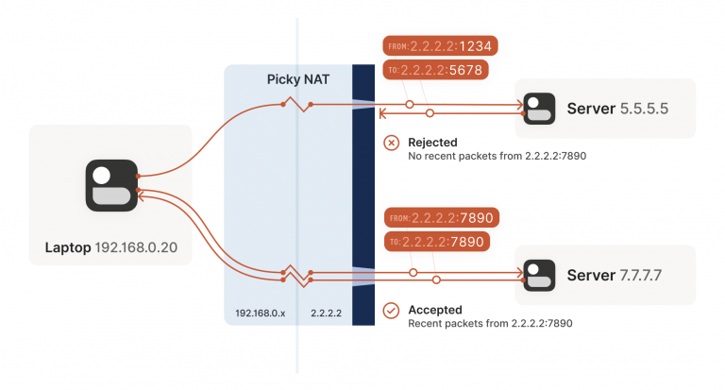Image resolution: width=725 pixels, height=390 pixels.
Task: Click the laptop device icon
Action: coord(111,185)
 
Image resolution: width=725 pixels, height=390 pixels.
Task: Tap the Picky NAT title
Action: coord(297,79)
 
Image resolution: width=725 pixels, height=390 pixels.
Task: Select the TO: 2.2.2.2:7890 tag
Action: coord(438,242)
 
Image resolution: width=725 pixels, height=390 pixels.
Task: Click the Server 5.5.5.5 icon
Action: coord(540,108)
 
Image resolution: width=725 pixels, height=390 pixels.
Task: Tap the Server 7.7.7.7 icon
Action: coord(540,274)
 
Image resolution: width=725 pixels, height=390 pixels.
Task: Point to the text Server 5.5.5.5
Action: coord(617,109)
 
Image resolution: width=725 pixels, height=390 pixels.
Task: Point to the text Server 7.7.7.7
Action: coord(617,275)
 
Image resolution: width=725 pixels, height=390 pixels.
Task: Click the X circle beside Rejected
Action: coord(391,144)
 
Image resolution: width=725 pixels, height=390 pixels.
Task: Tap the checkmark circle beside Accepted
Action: coord(391,310)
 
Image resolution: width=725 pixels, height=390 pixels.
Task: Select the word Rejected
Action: coord(432,143)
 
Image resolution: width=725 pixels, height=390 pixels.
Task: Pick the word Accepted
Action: coord(434,309)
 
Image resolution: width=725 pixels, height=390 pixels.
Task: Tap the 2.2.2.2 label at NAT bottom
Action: coord(326,311)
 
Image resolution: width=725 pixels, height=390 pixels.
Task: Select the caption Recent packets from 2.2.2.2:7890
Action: coord(490,322)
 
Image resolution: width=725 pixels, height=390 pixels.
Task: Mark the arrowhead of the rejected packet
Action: coord(382,114)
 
